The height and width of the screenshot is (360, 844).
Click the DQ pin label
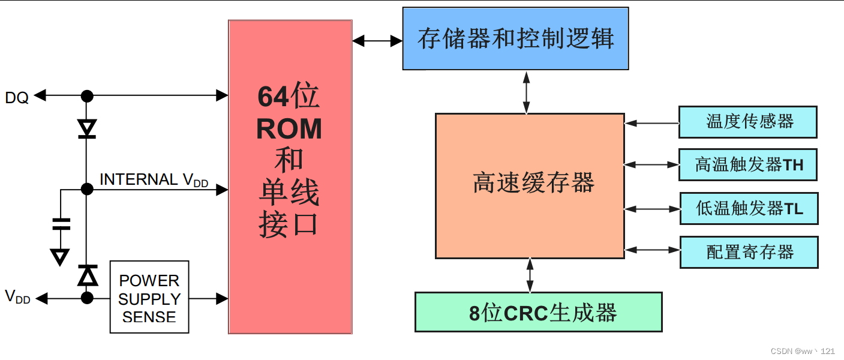pos(17,97)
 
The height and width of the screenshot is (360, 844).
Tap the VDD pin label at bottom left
pos(17,296)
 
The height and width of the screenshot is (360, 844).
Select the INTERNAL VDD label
pos(154,180)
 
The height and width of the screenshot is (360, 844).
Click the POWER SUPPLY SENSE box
pos(149,298)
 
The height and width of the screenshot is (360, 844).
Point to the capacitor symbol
pos(61,224)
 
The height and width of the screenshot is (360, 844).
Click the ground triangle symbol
pos(59,257)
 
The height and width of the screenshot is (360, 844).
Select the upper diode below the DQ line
pos(88,128)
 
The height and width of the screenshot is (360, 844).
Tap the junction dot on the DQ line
pos(88,95)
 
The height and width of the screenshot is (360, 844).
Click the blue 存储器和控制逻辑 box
pos(515,39)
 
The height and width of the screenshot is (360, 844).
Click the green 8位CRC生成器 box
pos(538,312)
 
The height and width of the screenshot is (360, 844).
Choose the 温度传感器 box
pos(747,122)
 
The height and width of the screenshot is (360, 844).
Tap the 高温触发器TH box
pos(747,164)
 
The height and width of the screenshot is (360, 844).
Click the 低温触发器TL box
pos(748,208)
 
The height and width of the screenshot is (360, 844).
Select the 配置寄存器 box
pos(748,252)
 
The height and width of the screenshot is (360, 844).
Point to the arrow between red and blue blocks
pos(377,41)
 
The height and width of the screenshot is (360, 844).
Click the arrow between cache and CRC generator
pos(530,275)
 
